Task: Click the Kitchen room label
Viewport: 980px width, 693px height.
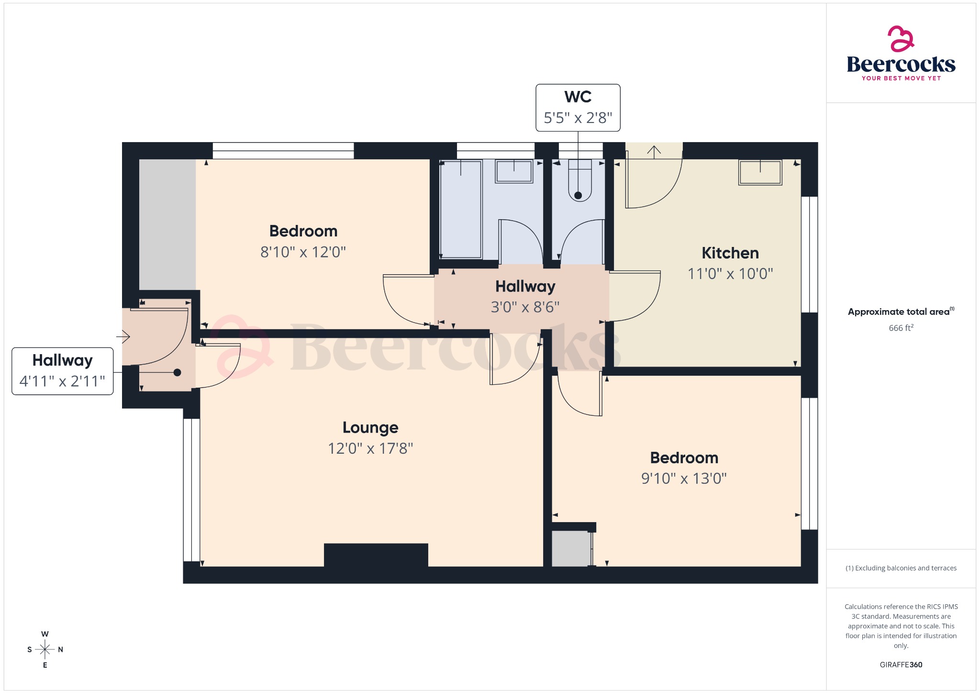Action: tap(730, 253)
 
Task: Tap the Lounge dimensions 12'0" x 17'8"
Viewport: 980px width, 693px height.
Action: tap(370, 448)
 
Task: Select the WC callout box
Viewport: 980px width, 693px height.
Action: tap(578, 108)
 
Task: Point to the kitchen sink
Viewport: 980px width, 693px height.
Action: tap(760, 172)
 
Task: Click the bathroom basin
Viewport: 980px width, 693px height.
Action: tap(514, 171)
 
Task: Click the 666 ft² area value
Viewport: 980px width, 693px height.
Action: tap(901, 328)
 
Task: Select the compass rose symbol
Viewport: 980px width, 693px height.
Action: tap(45, 649)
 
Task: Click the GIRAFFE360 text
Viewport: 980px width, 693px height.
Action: tap(901, 664)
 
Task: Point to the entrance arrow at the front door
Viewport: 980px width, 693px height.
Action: tap(123, 336)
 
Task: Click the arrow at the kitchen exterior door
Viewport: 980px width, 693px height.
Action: tap(654, 152)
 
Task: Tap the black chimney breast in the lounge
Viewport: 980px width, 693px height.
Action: tap(376, 555)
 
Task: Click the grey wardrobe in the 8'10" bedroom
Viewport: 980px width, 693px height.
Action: tap(167, 224)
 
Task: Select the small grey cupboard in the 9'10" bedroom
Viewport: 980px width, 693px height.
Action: tap(570, 548)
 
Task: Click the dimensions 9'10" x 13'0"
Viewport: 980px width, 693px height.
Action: tap(684, 479)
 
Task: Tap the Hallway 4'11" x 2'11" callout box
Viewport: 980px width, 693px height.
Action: tap(62, 371)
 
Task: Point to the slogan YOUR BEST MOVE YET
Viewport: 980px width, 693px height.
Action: tap(901, 78)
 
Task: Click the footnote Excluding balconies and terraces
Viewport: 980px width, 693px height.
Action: tap(901, 568)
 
